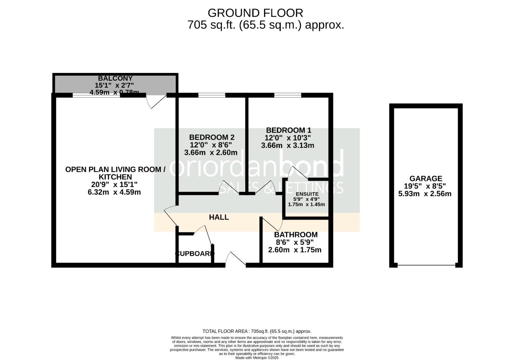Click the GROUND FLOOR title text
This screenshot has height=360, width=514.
[x=255, y=13]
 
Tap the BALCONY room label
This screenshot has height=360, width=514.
[x=115, y=78]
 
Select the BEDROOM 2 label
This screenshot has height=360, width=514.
[x=212, y=137]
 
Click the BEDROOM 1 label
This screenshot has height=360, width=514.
[x=288, y=130]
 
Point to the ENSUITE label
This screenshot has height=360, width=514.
[x=307, y=194]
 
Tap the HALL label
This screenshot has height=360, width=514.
[x=219, y=217]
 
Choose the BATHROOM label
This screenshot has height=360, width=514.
[x=296, y=235]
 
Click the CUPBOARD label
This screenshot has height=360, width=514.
[x=195, y=254]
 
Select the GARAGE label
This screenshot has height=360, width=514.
[x=426, y=179]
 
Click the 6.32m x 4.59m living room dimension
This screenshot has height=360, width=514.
[x=114, y=192]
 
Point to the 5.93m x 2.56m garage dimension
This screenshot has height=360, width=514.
[x=425, y=194]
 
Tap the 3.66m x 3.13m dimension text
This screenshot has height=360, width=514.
[x=287, y=145]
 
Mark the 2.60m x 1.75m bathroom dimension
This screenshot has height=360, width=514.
[x=295, y=250]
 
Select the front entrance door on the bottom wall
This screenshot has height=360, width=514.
[x=236, y=260]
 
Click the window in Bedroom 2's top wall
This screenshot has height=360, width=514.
[x=212, y=95]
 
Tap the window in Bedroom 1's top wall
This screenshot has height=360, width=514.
[x=287, y=95]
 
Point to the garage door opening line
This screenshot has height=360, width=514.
[x=426, y=265]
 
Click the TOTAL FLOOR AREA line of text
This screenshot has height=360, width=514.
[x=257, y=331]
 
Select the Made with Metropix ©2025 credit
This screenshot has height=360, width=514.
[x=257, y=358]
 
